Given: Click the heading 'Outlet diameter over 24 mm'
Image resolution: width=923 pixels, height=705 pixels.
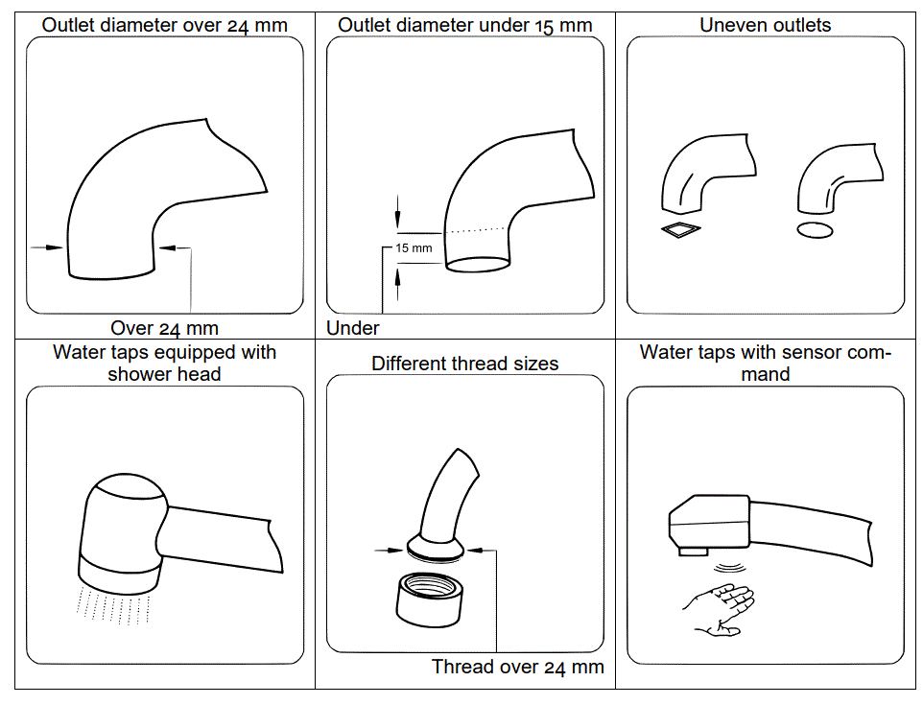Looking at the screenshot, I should pyautogui.click(x=164, y=25).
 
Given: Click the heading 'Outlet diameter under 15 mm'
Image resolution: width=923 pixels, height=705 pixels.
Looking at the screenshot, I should pyautogui.click(x=464, y=25).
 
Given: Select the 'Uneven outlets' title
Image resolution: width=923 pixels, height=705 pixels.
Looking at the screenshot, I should pyautogui.click(x=765, y=25).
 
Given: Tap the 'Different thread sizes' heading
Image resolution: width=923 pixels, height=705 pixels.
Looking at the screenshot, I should pyautogui.click(x=464, y=364).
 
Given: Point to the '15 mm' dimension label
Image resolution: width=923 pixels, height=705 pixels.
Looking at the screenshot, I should pyautogui.click(x=414, y=248).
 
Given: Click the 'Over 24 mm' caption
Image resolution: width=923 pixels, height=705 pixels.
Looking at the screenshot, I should pyautogui.click(x=164, y=329).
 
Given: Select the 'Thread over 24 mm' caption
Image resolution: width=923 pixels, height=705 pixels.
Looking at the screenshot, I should pyautogui.click(x=517, y=667).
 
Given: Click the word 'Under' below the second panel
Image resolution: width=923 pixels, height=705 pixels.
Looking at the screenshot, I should pyautogui.click(x=353, y=328).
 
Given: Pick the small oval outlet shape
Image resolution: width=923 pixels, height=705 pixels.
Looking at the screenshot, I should pyautogui.click(x=815, y=229).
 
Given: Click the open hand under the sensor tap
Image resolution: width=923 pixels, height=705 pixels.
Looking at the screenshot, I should pyautogui.click(x=720, y=608).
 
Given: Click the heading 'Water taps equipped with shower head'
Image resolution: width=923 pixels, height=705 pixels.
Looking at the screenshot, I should pyautogui.click(x=164, y=363).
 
